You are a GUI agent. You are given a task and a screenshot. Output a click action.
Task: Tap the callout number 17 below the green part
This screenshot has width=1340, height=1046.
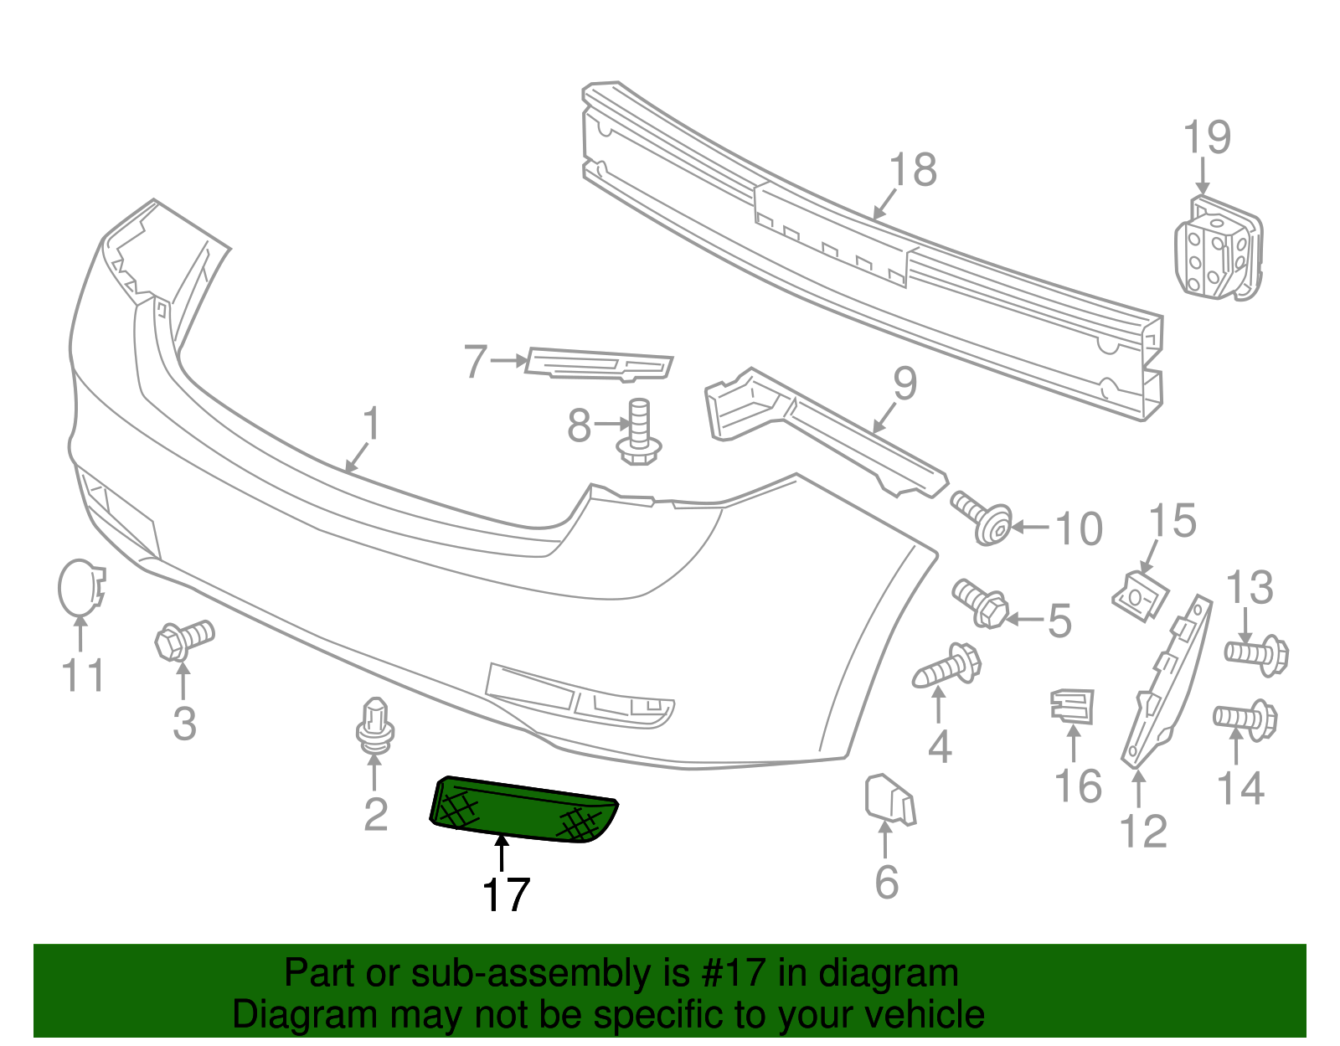click(506, 895)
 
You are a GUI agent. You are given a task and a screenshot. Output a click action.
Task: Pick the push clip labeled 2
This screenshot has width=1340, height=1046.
click(375, 724)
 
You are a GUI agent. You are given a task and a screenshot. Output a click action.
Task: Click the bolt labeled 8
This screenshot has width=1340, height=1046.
click(639, 431)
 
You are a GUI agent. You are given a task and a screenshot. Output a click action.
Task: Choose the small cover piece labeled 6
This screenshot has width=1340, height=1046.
click(889, 799)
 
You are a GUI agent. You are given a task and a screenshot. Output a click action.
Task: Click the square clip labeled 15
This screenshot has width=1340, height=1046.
click(1140, 594)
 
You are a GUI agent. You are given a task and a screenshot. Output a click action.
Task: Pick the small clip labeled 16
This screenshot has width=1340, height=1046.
click(1072, 704)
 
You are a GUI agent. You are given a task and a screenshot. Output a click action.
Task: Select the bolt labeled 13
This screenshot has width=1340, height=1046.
click(1256, 653)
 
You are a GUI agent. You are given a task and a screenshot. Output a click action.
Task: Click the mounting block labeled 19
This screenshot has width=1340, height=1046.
click(1219, 248)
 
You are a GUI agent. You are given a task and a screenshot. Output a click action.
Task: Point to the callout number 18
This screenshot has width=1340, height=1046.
click(913, 170)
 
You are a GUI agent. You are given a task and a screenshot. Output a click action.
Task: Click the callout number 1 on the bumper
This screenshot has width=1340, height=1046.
click(371, 424)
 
